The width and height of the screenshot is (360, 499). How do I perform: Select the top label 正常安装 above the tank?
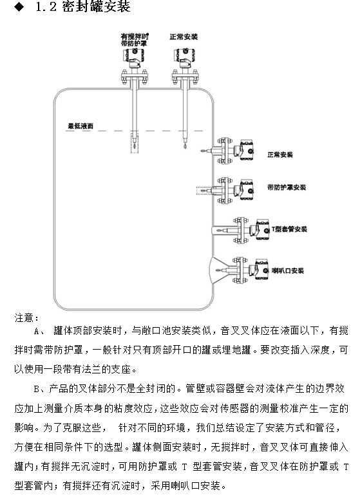point(183,37)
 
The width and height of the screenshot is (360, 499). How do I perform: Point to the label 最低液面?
point(81,127)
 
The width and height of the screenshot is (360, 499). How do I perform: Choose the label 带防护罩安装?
point(287,187)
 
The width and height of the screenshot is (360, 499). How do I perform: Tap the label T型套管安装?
point(288,229)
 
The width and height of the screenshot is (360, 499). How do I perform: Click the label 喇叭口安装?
point(288,270)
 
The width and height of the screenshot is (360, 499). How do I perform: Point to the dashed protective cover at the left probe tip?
point(133,142)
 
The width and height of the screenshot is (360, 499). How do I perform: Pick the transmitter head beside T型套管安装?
point(259,228)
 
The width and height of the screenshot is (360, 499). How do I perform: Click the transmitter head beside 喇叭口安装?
point(260,269)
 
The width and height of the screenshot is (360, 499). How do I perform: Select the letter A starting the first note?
point(35,332)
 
